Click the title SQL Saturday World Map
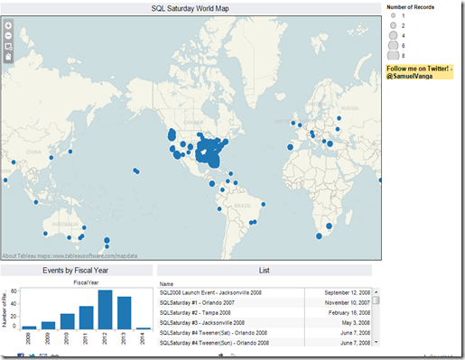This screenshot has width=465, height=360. coord(191,8)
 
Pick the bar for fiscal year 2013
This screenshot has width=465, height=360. coord(125,312)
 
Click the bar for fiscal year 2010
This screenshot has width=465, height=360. coord(68,321)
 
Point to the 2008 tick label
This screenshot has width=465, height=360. coord(29,337)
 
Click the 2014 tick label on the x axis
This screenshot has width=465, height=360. coord(144,337)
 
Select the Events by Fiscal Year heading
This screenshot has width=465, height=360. coord(77,270)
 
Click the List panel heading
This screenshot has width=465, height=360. coord(264,270)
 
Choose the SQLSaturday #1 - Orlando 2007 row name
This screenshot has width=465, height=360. coord(201,303)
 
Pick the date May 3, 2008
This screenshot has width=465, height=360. coord(353,323)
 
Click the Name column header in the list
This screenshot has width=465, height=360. coord(166,283)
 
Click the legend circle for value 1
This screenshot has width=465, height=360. coord(394,16)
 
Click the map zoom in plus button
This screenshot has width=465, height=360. coord(8,25)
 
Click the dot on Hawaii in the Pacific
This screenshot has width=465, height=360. coord(135,171)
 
